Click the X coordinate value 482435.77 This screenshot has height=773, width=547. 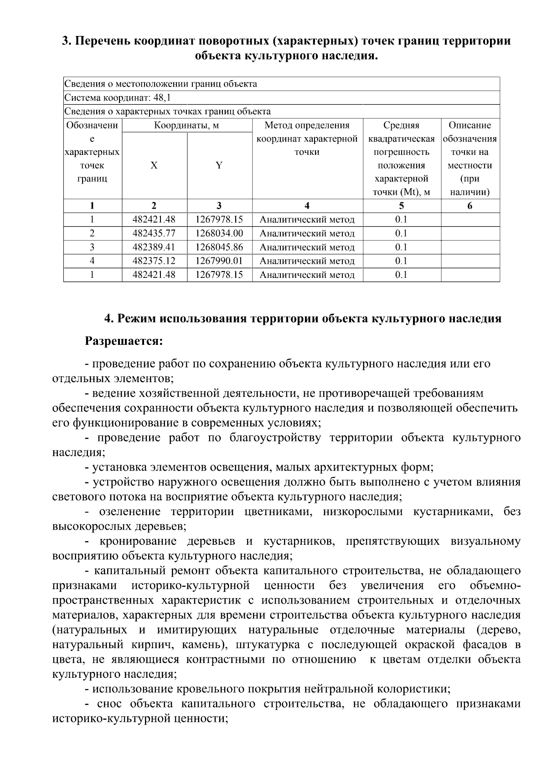point(154,234)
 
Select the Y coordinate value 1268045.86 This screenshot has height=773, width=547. point(219,247)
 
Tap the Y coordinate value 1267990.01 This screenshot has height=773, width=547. point(219,261)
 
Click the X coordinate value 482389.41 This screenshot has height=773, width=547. point(154,247)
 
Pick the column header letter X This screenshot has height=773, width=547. point(154,165)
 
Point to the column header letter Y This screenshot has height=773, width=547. point(219,165)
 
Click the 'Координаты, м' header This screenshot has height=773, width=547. point(186,126)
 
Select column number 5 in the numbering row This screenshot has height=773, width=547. point(401,206)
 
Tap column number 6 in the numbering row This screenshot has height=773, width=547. point(470,206)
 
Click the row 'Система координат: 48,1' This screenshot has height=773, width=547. point(118,98)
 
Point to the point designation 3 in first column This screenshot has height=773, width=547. point(92,247)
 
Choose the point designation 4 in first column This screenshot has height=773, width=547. point(92,261)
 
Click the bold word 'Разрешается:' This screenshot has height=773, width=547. point(124,341)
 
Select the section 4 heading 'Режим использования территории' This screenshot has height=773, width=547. point(303,318)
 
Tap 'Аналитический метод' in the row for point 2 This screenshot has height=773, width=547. point(307,234)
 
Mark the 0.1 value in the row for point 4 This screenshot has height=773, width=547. point(401,261)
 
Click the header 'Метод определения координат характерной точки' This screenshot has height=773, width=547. point(307,138)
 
